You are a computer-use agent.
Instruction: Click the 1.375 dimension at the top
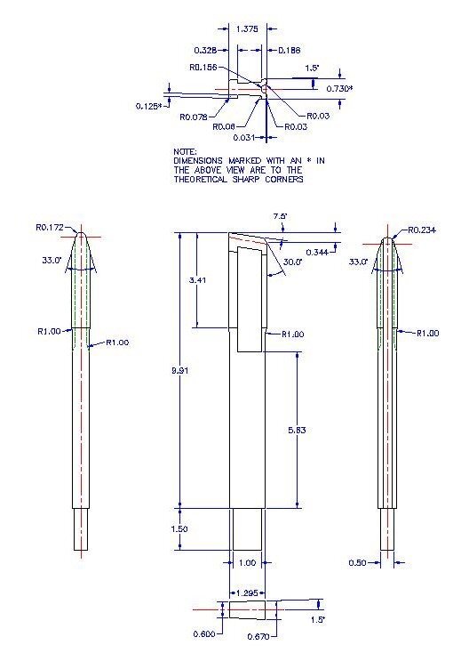point(248,29)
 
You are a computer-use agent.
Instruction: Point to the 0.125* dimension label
point(148,106)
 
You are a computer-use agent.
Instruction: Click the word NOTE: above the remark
point(185,151)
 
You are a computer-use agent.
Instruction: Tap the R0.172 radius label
point(51,228)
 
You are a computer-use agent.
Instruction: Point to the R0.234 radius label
point(423,230)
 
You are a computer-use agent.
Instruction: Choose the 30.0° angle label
point(293,262)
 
